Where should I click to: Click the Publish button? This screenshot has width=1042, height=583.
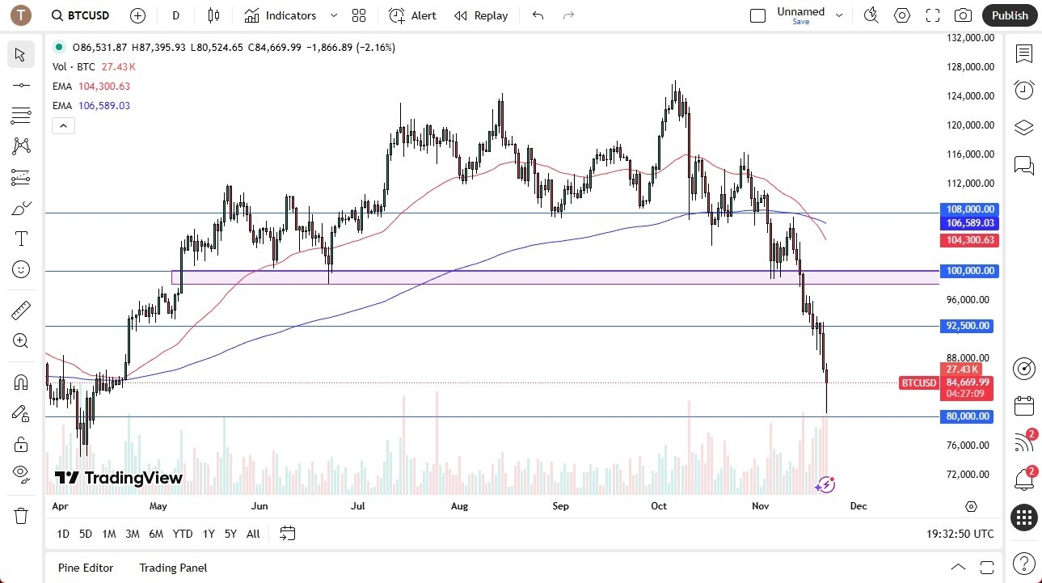click(x=1010, y=15)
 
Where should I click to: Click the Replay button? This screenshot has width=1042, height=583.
click(x=481, y=15)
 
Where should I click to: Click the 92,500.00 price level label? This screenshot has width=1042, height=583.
click(x=968, y=326)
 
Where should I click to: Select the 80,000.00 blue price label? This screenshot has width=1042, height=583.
click(x=968, y=416)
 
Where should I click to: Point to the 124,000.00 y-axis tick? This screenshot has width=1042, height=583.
click(x=971, y=96)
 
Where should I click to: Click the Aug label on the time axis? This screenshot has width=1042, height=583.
click(x=459, y=506)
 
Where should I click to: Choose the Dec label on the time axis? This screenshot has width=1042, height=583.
click(x=858, y=506)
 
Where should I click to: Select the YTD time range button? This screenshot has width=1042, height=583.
click(x=183, y=534)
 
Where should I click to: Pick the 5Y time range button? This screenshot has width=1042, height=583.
click(x=230, y=534)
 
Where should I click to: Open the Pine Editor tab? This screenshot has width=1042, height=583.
click(x=86, y=568)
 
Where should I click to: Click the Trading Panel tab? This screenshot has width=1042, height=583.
click(x=173, y=568)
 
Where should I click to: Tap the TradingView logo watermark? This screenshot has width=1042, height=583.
click(x=119, y=478)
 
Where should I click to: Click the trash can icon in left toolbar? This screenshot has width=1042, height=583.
click(x=20, y=516)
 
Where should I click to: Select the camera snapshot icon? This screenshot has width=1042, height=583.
click(x=963, y=15)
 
